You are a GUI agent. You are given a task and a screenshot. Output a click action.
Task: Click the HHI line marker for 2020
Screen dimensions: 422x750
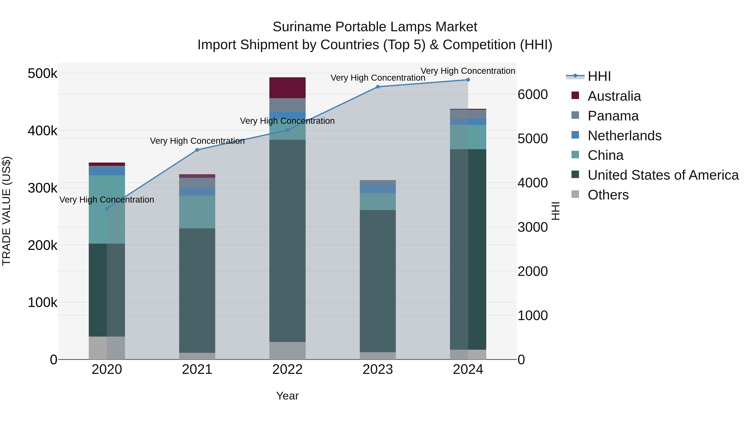[x=107, y=209]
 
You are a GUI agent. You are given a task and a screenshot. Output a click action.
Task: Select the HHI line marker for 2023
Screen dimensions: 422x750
[x=378, y=87]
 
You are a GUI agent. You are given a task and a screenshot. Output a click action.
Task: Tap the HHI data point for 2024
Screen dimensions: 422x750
[x=468, y=80]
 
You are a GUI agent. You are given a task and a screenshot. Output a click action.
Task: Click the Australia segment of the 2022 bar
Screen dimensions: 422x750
[x=287, y=88]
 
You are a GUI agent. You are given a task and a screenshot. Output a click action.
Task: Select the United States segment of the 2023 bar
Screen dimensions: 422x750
[x=378, y=281]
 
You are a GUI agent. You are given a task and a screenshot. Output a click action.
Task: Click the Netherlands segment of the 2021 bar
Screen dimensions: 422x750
[x=197, y=192]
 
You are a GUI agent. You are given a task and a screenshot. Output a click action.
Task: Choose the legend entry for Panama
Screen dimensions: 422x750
[x=613, y=116]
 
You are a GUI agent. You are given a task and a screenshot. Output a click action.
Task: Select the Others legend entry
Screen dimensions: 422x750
[x=608, y=195]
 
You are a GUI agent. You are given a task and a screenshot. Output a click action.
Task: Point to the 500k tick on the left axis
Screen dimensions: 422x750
[x=42, y=73]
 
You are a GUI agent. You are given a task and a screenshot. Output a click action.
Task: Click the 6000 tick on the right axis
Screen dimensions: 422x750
[x=532, y=94]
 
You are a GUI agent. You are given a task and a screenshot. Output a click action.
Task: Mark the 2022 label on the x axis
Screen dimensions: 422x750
[x=287, y=369]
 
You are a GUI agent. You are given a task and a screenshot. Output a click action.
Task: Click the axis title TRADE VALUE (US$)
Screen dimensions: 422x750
[x=7, y=211]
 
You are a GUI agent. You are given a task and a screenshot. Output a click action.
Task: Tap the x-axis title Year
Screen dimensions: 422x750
[x=287, y=396]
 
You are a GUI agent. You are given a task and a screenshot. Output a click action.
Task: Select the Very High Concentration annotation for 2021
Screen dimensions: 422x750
[x=197, y=141]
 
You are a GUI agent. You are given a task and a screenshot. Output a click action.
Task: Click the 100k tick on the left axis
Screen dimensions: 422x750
[x=42, y=302]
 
